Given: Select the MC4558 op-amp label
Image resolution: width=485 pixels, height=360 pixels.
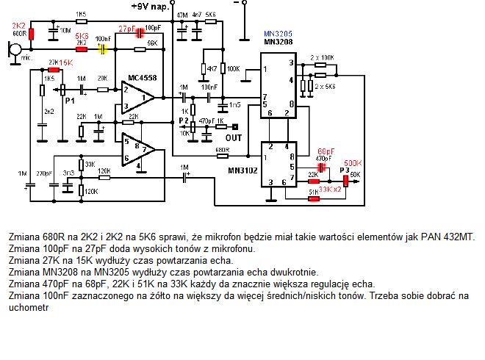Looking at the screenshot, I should pos(143,78).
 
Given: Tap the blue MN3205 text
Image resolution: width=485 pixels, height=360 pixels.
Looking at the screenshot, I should pos(279,34).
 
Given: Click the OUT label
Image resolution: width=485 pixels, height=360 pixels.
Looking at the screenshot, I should pos(234,137).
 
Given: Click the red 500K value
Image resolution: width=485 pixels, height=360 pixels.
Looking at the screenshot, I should pos(353,162).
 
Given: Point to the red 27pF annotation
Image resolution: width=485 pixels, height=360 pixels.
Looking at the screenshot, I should pos(127,29).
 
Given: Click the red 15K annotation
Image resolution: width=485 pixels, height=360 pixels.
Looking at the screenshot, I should pos(67,62).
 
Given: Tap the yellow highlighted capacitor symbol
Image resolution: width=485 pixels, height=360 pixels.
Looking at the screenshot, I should pos(103,49).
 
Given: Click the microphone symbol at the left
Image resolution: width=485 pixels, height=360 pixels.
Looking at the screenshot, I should pos(13,51).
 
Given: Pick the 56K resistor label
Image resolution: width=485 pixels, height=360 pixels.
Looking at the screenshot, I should pos(152,43).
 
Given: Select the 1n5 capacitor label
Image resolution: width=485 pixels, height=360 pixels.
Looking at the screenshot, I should pos(234,105).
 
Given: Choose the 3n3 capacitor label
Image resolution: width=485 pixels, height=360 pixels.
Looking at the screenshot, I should pos(69,173).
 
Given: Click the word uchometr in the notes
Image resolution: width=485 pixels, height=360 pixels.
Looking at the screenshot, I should pos(29,309).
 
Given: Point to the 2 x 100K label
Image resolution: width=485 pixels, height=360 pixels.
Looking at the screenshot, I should pos(323,57).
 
